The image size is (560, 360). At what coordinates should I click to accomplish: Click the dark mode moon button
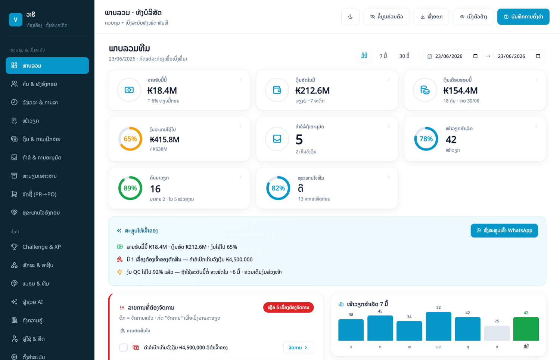tap(350, 17)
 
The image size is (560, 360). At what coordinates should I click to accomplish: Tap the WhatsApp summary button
tap(504, 230)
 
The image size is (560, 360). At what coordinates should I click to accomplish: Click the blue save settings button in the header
tap(523, 17)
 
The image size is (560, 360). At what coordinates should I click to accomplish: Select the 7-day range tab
tap(383, 56)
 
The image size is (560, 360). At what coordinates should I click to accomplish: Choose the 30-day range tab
tap(404, 56)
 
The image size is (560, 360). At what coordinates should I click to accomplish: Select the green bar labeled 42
tap(526, 329)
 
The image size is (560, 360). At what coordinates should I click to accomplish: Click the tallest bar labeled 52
tap(439, 326)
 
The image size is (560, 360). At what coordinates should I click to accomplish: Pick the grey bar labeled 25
tap(497, 333)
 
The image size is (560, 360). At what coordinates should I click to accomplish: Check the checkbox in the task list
tap(124, 348)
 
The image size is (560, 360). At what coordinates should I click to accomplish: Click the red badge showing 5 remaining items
tap(289, 307)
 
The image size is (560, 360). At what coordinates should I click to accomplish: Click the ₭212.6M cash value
tap(312, 90)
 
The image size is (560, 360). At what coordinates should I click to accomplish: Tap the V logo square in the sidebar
tap(16, 19)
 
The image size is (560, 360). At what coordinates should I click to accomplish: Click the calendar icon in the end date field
tap(538, 56)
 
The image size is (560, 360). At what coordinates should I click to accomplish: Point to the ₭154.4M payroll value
tap(460, 90)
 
